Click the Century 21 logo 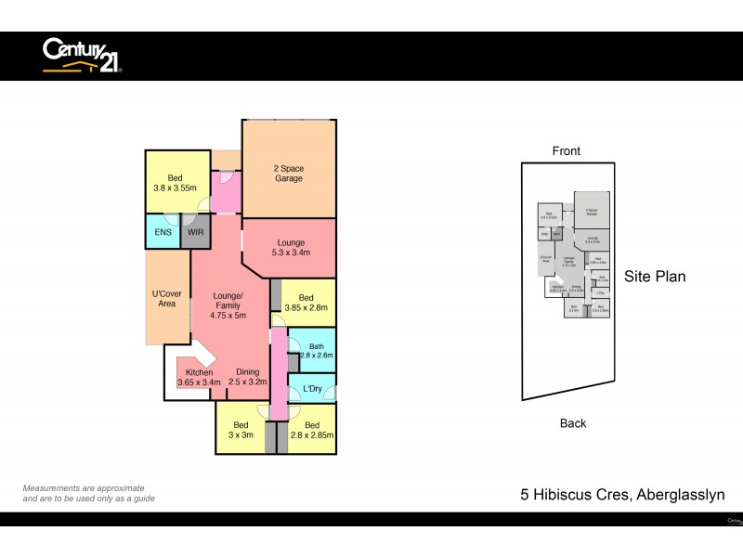click(82, 55)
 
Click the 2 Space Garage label click(288, 174)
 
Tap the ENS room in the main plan click(163, 231)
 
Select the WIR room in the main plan click(196, 231)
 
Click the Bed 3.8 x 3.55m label click(176, 182)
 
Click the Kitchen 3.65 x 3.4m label click(199, 377)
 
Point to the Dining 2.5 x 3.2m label click(248, 377)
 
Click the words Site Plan click(655, 276)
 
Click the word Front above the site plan click(566, 151)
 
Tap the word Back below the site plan click(573, 423)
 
